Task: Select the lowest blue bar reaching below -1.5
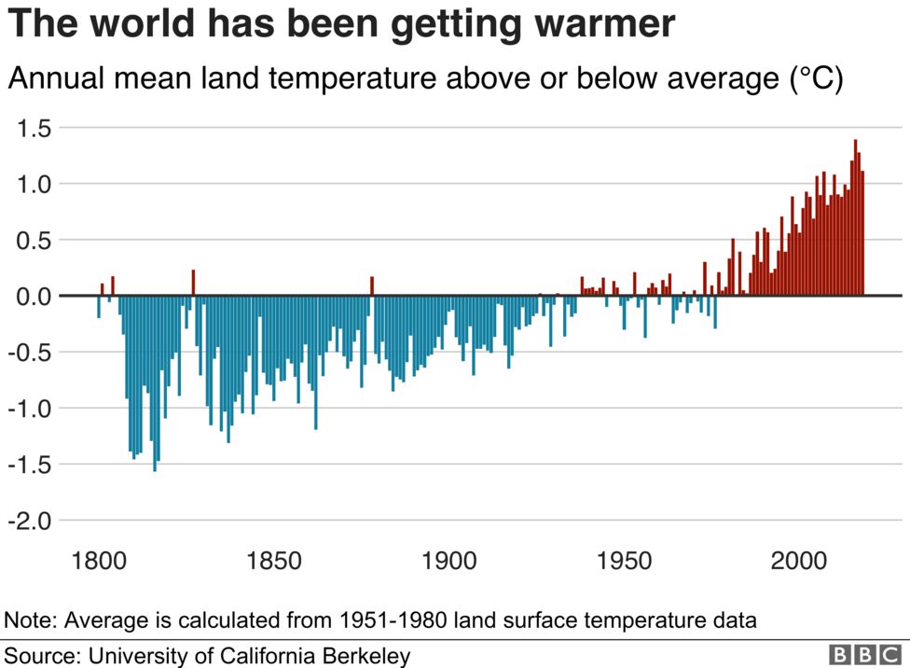(155, 383)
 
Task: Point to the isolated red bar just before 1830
(193, 283)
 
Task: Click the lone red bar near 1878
(371, 285)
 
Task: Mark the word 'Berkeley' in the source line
(370, 656)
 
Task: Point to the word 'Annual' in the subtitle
(56, 79)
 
